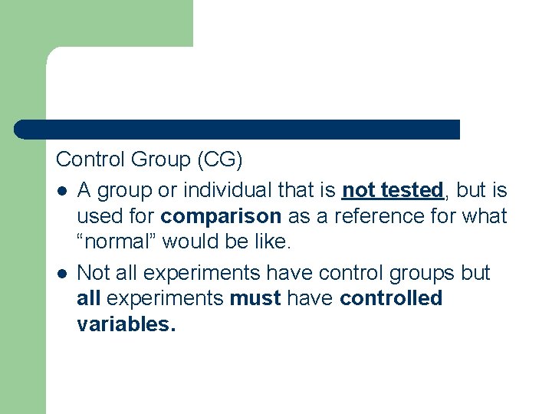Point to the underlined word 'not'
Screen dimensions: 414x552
(x=359, y=189)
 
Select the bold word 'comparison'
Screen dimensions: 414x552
(x=222, y=216)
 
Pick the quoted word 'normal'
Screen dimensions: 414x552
(x=118, y=243)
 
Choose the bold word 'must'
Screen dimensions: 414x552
(x=255, y=298)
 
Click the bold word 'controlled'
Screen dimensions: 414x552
(x=391, y=298)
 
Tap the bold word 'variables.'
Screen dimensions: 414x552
(x=127, y=324)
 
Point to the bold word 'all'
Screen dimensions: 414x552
(x=89, y=298)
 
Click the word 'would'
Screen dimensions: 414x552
(x=190, y=243)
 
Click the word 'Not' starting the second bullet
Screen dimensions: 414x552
(x=94, y=273)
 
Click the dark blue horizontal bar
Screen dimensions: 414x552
(x=238, y=130)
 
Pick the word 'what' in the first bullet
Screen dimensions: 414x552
(x=485, y=216)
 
